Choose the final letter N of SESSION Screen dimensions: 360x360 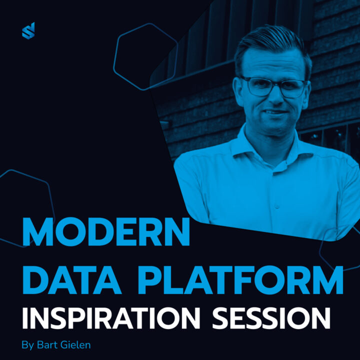[x=320, y=318]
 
